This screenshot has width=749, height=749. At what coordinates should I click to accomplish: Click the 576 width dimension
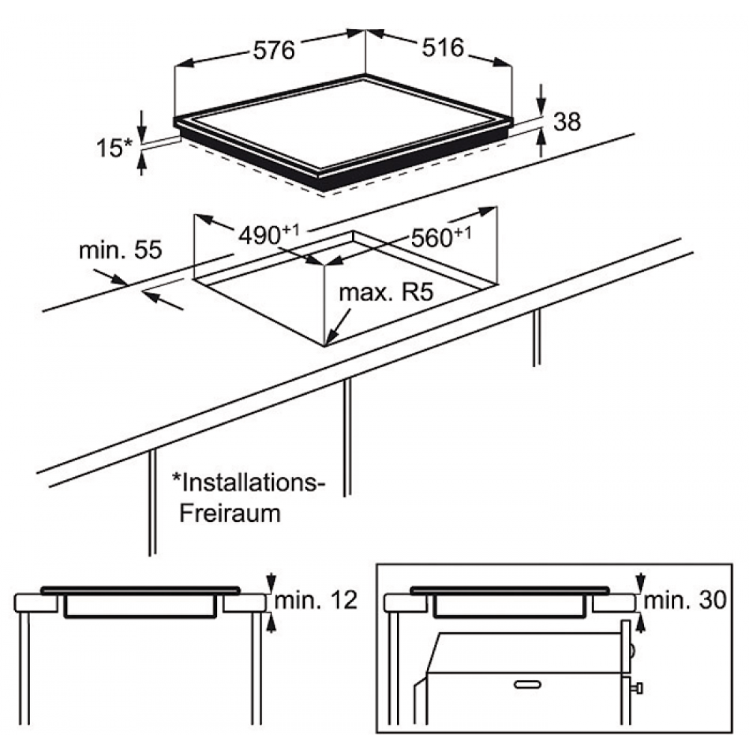point(273,50)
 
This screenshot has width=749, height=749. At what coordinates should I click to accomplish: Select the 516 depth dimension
point(443,48)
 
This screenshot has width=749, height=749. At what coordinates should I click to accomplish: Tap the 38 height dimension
point(567,122)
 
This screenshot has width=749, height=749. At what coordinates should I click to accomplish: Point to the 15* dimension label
point(114,148)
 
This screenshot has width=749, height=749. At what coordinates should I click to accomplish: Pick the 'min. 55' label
point(121,250)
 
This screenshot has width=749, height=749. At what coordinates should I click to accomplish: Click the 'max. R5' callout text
point(386,292)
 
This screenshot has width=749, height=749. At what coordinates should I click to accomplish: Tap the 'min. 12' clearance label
point(316,600)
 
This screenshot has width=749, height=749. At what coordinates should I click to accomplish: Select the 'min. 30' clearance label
point(685,600)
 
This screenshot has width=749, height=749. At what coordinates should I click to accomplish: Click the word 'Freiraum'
point(230,514)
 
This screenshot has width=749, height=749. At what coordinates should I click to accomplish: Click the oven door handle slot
point(527,685)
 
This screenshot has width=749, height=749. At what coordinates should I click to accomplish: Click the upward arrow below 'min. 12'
point(271,623)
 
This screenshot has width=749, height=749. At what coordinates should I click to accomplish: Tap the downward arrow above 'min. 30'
point(641,583)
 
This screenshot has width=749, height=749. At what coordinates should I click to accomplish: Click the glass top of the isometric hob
point(343,125)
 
